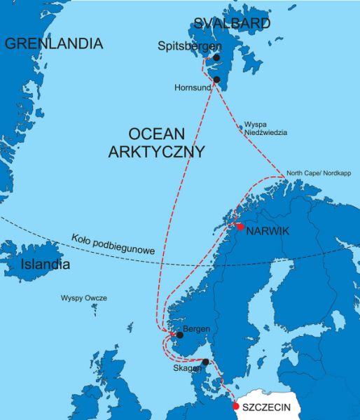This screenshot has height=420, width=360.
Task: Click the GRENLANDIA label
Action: coord(54,43)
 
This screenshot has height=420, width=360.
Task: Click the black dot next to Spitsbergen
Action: coord(216,57)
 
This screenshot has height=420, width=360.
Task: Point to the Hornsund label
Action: coord(193,88)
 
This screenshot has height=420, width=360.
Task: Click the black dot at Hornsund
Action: coord(216,80)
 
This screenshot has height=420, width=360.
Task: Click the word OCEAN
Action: coord(156,133)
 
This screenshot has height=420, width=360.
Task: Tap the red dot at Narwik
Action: coord(240,227)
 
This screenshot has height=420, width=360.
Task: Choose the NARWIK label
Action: coord(270,229)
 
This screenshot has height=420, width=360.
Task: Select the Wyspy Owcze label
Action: coord(84,298)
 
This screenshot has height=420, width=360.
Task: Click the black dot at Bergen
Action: coord(179,335)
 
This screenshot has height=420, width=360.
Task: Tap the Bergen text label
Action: coord(196,329)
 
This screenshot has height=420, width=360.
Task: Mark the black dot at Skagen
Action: coord(205,363)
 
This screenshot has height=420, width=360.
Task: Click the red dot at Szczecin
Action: coord(235,406)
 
